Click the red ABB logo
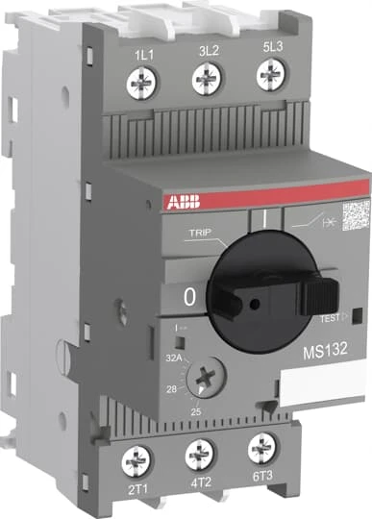pyautogui.click(x=164, y=205)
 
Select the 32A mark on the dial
pyautogui.click(x=174, y=356)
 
